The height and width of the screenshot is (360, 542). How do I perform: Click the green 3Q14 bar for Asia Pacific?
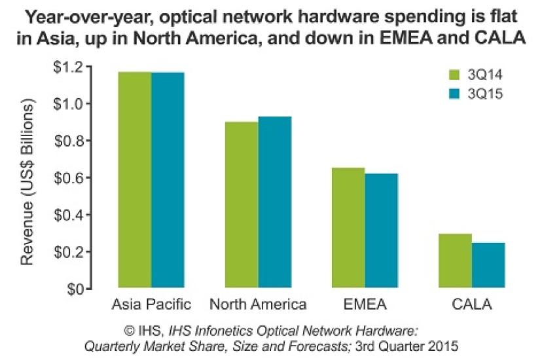(135, 180)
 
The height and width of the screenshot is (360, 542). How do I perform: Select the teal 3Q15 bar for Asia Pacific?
(168, 180)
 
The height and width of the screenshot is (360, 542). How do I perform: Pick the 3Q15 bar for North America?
(275, 202)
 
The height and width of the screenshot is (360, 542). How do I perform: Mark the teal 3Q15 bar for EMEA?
(382, 230)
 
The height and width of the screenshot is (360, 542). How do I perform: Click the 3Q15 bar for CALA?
(488, 265)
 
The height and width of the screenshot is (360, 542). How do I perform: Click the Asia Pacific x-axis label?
(151, 304)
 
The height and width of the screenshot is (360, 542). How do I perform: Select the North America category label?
(258, 304)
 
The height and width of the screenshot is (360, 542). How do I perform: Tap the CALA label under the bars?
(471, 304)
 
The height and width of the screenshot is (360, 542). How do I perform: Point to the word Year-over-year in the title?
(73, 16)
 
